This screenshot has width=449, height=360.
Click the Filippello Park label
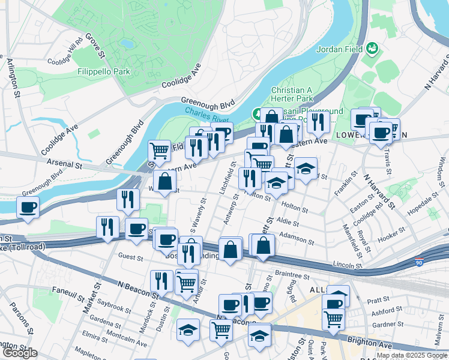(x=104, y=71)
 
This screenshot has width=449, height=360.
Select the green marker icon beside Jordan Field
(x=372, y=47)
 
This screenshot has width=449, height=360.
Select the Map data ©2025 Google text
(x=412, y=355)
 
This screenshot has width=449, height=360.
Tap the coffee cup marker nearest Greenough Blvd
(x=28, y=208)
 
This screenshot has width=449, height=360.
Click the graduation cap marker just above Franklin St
(x=306, y=169)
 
